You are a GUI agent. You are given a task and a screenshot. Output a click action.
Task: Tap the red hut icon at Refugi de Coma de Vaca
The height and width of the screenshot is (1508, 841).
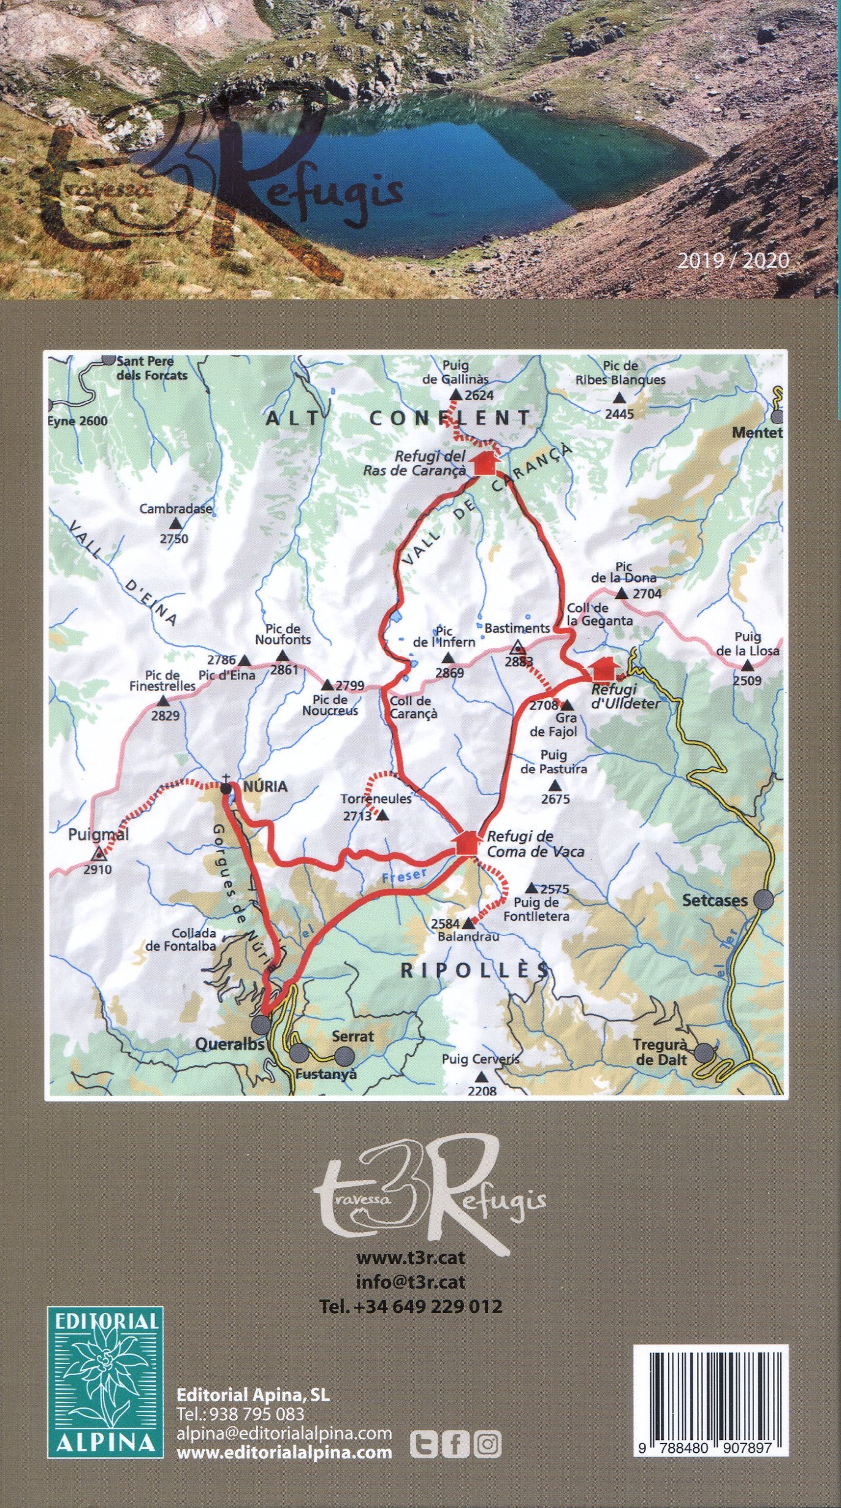point(467,842)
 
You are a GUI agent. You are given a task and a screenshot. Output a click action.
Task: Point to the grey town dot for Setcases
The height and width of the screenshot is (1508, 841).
point(763,900)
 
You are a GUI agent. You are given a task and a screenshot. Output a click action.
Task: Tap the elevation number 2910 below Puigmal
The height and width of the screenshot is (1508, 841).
point(98,869)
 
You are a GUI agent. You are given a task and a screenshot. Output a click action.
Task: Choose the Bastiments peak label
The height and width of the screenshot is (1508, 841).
point(517,628)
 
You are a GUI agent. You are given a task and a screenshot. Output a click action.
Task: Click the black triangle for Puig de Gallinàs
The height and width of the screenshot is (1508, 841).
point(455,395)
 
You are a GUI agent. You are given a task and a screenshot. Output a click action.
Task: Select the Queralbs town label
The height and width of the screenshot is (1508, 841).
point(229,1044)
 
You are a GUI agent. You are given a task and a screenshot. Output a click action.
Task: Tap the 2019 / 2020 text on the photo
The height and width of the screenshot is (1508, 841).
point(733,261)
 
